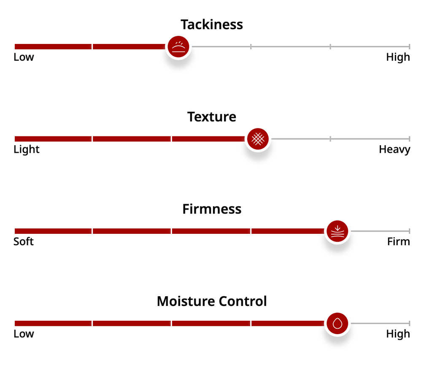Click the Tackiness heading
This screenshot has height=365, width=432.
[x=212, y=24]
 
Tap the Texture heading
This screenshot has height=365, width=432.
[x=212, y=117]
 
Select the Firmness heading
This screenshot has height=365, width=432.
[x=212, y=209]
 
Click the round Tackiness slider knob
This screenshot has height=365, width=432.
[x=178, y=46]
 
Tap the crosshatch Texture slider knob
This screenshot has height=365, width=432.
[x=258, y=139]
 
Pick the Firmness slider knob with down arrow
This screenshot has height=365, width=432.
[x=337, y=231]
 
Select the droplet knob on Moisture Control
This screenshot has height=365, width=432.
[x=337, y=324]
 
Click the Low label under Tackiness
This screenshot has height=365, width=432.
[x=24, y=57]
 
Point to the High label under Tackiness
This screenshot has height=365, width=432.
[x=398, y=57]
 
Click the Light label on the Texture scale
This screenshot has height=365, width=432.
[x=27, y=149]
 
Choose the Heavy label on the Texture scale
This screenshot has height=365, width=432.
[x=394, y=149]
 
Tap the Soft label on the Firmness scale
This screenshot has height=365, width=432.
[x=24, y=242]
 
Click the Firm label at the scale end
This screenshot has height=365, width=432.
[x=398, y=242]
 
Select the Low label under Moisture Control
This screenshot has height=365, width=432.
[x=24, y=334]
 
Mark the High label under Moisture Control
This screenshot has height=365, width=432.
[x=398, y=334]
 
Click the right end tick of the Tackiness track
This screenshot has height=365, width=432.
[x=409, y=46]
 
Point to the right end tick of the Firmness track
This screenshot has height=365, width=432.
[x=409, y=231]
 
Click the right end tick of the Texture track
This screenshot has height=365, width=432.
[x=409, y=139]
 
